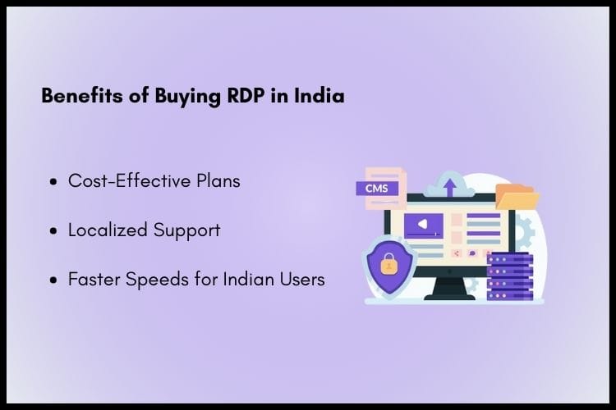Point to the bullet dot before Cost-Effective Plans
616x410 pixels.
(54, 182)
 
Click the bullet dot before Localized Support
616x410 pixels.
(54, 231)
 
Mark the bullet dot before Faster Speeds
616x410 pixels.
(54, 280)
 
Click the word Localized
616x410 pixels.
(106, 230)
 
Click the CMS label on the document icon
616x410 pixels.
(377, 189)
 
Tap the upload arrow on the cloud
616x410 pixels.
(450, 187)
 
